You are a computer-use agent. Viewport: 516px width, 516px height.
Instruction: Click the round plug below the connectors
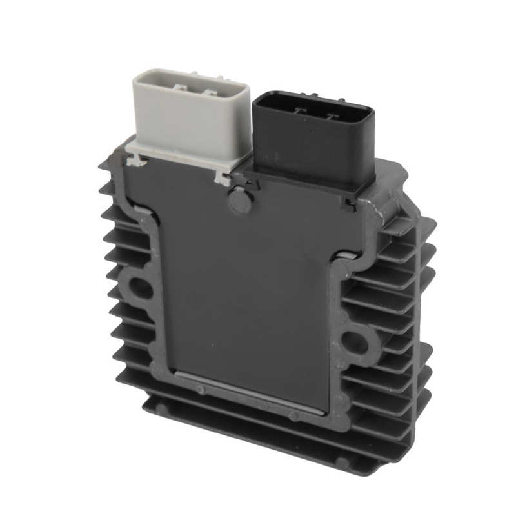[x=239, y=201]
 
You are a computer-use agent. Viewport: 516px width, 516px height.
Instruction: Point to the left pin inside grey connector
[x=179, y=86]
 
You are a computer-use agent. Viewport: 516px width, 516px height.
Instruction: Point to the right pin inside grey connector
[x=210, y=92]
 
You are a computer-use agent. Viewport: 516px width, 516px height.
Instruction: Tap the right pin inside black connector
[x=332, y=116]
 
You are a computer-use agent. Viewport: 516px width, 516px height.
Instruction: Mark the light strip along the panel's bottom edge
[x=252, y=393]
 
